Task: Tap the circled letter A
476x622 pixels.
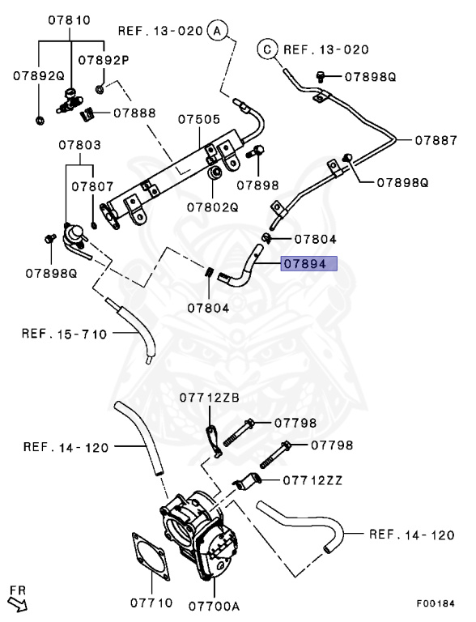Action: [218, 31]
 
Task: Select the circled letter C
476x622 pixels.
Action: [267, 49]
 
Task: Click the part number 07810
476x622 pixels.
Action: [69, 19]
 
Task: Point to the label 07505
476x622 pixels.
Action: [198, 119]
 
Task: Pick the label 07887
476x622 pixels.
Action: [436, 140]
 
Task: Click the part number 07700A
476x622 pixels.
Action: [214, 606]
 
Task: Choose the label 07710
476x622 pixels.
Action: [151, 603]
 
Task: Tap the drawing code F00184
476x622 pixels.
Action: [436, 603]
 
